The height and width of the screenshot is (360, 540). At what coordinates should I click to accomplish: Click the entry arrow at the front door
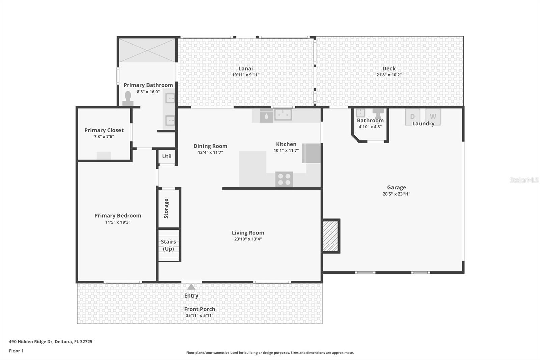coord(191,287)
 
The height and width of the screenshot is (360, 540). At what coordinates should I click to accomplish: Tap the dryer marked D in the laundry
coord(412,117)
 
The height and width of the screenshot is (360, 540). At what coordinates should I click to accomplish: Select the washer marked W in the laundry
coord(433,117)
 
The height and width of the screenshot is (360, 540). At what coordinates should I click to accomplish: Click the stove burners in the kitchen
coord(284,179)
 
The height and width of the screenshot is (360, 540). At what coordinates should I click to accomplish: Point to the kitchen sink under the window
coord(283,115)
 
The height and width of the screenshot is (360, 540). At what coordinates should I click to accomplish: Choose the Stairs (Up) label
coord(168,245)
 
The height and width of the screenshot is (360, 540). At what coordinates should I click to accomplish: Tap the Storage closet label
coord(166,208)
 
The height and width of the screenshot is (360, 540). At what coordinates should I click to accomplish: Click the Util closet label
coord(167,156)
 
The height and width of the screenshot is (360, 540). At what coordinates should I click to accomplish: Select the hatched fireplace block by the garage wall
coord(331,236)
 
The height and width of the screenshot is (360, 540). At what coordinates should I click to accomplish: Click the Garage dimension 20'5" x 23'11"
coord(397,194)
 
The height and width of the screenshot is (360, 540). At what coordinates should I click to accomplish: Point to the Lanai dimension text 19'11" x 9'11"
coord(246,75)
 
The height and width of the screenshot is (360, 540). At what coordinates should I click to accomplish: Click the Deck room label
coord(389,68)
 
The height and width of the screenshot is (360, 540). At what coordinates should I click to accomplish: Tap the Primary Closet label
coord(104,130)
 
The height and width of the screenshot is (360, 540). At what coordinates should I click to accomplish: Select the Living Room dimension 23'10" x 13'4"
coord(248,239)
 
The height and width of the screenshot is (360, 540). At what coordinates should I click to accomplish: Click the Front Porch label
coord(199,309)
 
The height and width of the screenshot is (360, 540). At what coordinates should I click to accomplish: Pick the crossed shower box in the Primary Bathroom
coord(147,50)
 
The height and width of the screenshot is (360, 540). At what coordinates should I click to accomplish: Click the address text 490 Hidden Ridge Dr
coord(51,341)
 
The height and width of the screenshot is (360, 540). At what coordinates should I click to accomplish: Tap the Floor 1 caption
coord(16,351)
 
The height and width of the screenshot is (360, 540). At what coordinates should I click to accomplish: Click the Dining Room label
coord(210,146)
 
